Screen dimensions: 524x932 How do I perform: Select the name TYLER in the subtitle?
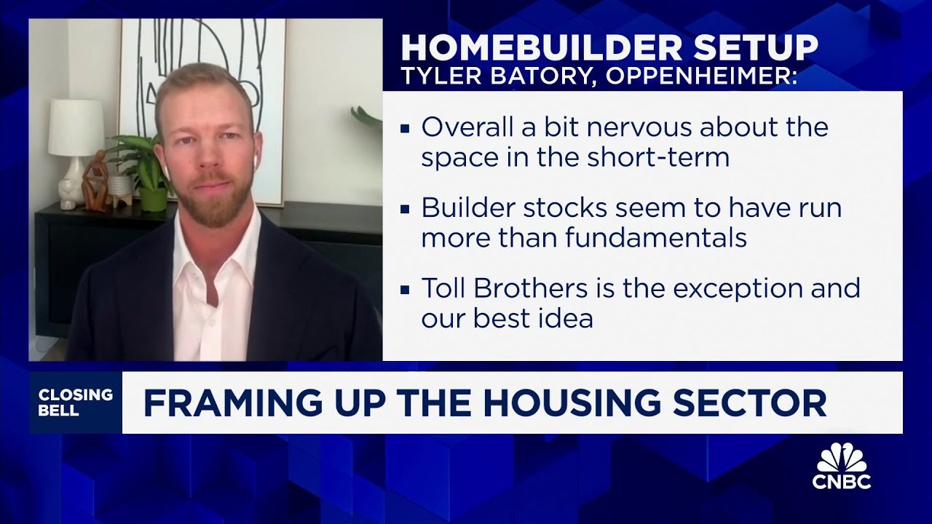(434, 77)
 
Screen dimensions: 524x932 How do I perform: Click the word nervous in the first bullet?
(636, 127)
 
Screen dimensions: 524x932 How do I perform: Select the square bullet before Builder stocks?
(405, 209)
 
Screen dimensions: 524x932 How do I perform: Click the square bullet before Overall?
(405, 129)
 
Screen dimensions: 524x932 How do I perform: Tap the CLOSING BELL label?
(76, 402)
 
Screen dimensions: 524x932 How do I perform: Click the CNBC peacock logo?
(842, 458)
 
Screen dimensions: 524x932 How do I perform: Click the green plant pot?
(153, 198)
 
